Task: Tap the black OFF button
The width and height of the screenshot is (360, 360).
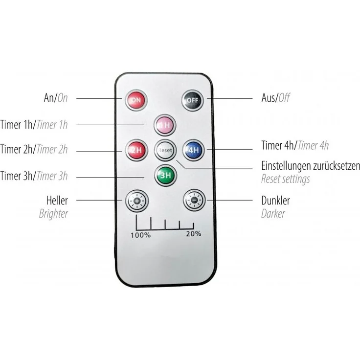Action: click(193, 100)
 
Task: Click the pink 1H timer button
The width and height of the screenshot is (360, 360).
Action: click(165, 125)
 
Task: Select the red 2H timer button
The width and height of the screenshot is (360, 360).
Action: click(136, 150)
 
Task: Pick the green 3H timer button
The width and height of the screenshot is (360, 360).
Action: click(165, 176)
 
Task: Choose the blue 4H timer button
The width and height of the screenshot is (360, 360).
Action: click(194, 150)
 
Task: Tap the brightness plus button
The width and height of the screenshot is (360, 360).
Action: click(137, 201)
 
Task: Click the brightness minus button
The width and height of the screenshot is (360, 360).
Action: click(194, 200)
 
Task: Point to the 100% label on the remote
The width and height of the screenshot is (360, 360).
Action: click(140, 235)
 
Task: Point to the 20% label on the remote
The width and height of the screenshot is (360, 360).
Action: click(194, 234)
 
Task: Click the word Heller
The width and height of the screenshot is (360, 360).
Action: click(57, 201)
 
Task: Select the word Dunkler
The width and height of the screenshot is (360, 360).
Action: click(275, 201)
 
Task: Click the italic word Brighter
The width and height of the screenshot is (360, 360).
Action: click(53, 214)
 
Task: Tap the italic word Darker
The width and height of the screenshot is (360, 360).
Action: click(273, 214)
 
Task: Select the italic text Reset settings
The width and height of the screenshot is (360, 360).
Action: click(286, 179)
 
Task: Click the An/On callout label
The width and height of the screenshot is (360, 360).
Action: click(56, 98)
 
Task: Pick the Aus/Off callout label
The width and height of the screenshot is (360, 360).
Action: click(275, 98)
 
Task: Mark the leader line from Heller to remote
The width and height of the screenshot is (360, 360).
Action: click(99, 200)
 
